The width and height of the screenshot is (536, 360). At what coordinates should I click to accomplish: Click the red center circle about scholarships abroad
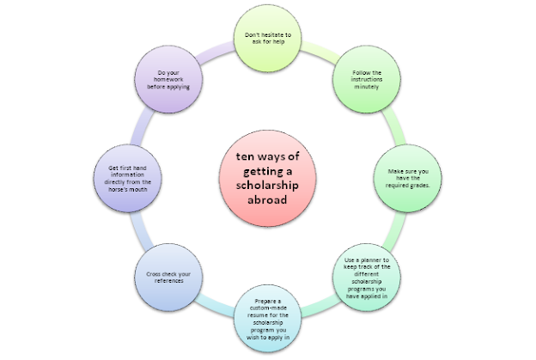pyautogui.click(x=267, y=178)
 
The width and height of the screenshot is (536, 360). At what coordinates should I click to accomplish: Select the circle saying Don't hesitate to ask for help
pyautogui.click(x=267, y=39)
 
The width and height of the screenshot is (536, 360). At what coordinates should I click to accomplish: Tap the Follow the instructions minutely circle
pyautogui.click(x=367, y=79)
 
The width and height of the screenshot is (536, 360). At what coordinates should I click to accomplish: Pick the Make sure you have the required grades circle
pyautogui.click(x=407, y=178)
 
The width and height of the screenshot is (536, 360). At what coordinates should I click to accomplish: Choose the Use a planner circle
pyautogui.click(x=367, y=278)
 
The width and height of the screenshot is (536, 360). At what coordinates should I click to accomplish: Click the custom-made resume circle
pyautogui.click(x=267, y=318)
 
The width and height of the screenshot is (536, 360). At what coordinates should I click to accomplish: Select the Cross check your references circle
pyautogui.click(x=168, y=278)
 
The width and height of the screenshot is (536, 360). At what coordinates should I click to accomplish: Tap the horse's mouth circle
pyautogui.click(x=127, y=178)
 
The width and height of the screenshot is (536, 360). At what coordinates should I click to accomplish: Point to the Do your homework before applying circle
pyautogui.click(x=168, y=79)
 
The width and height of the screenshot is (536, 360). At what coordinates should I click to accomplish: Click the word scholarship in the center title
pyautogui.click(x=267, y=186)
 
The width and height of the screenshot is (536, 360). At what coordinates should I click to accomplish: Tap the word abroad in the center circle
pyautogui.click(x=267, y=199)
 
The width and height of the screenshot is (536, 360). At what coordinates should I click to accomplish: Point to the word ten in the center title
pyautogui.click(x=245, y=156)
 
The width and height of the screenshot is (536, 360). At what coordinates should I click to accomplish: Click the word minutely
pyautogui.click(x=367, y=87)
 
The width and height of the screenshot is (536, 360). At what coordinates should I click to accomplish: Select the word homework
pyautogui.click(x=168, y=79)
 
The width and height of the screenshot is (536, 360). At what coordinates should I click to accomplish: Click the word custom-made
pyautogui.click(x=268, y=308)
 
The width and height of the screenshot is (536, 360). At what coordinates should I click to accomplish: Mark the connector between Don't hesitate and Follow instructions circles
pyautogui.click(x=320, y=52)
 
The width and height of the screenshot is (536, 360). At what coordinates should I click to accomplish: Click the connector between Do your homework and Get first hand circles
pyautogui.click(x=141, y=127)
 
